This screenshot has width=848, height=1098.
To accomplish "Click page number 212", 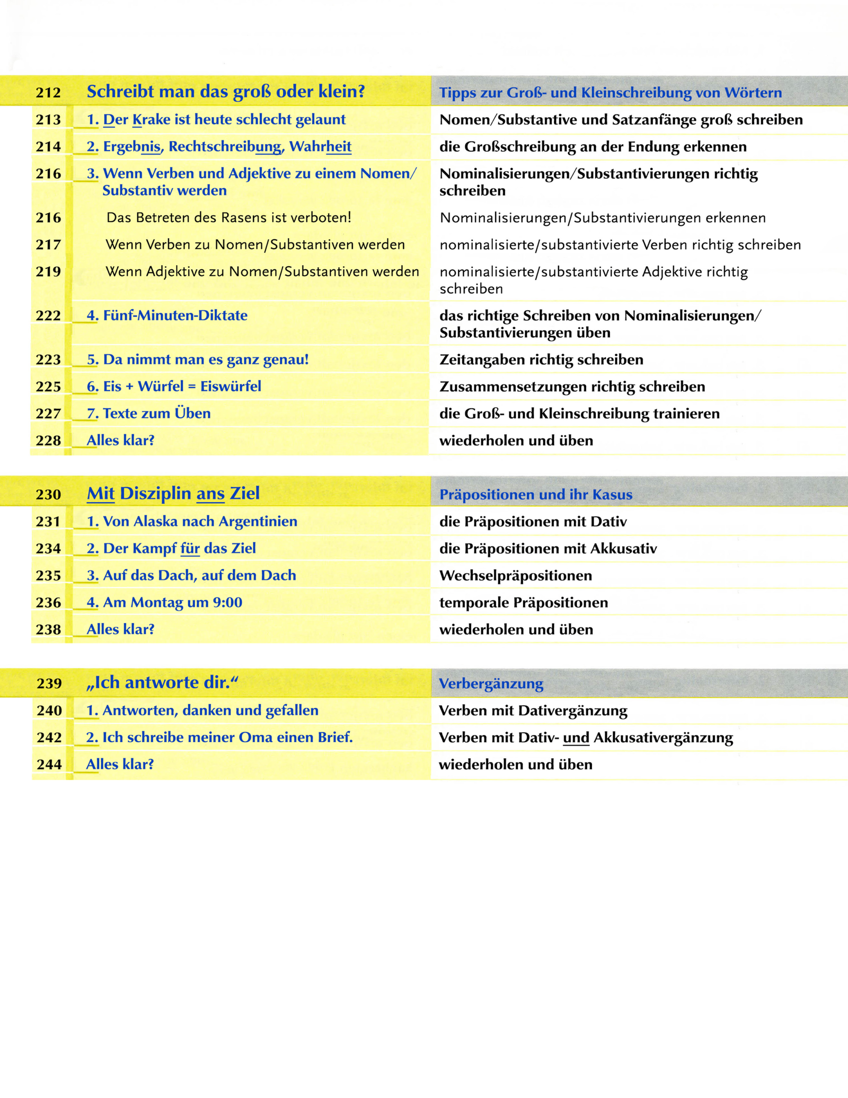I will pos(48,93).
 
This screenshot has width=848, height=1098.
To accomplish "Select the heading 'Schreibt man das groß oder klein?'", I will pos(226,92).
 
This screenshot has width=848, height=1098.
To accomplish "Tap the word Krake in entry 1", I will pos(151,120).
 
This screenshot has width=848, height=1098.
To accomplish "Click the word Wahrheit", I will pos(320,146).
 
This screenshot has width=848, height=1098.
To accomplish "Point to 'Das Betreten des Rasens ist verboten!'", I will pos(228,217).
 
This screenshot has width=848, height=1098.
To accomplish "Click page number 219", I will pos(48,271).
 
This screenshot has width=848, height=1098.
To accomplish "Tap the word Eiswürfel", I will pos(231,387).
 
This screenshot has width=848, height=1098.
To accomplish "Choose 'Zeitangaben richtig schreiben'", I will pos(541,360).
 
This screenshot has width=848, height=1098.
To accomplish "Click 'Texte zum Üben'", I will pos(156,414).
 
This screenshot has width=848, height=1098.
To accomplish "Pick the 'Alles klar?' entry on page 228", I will pos(120,441).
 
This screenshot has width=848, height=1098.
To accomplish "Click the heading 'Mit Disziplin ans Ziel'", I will pos(173,494).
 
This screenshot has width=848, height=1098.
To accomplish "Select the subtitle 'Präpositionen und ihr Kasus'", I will pos(536,495).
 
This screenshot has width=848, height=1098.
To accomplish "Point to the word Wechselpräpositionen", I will pos(515,576).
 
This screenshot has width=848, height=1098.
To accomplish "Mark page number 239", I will pos(49,683).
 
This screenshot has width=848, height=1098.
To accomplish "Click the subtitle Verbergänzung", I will pos(491,684).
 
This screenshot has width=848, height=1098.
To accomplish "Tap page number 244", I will pos(49,765).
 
